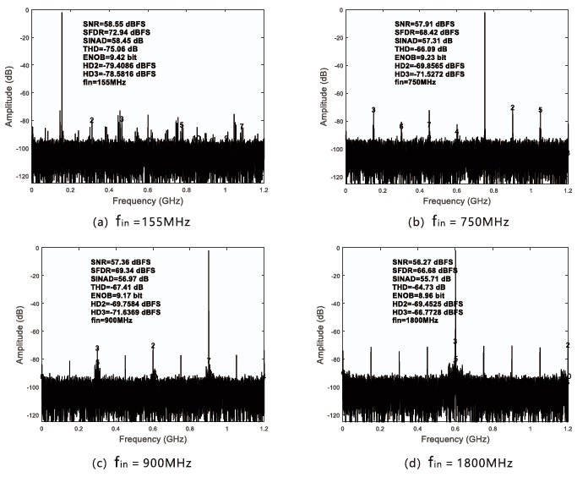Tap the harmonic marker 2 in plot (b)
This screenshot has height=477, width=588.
[513, 107]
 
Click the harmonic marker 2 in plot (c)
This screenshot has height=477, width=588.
[153, 345]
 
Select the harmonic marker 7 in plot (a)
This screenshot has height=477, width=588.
[242, 127]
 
